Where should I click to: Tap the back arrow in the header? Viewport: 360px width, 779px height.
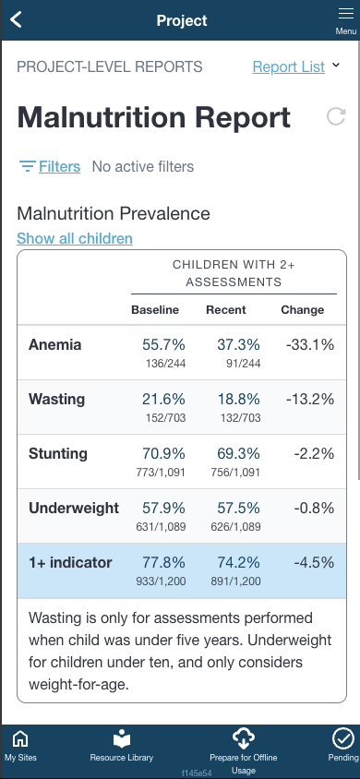pyautogui.click(x=16, y=20)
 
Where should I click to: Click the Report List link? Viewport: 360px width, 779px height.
pyautogui.click(x=288, y=66)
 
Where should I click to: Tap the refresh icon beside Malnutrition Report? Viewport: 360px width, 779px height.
pyautogui.click(x=337, y=116)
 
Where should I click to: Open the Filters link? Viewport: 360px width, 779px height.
pyautogui.click(x=59, y=166)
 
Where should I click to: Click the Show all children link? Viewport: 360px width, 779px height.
pyautogui.click(x=75, y=238)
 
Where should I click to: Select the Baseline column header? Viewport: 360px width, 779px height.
pyautogui.click(x=155, y=309)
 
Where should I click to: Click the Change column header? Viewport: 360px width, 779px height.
pyautogui.click(x=302, y=309)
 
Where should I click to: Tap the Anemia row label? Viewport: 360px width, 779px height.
pyautogui.click(x=55, y=345)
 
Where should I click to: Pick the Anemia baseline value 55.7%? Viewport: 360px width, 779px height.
pyautogui.click(x=162, y=344)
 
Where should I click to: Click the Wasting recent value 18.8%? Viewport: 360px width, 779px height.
pyautogui.click(x=238, y=399)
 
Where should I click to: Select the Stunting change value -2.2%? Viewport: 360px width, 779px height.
pyautogui.click(x=313, y=453)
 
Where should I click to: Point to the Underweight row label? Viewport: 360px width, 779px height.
pyautogui.click(x=73, y=508)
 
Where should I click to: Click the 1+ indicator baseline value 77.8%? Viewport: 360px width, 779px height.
pyautogui.click(x=162, y=562)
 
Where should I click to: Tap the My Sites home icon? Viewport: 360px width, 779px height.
pyautogui.click(x=19, y=739)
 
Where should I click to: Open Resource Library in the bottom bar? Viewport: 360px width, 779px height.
pyautogui.click(x=122, y=739)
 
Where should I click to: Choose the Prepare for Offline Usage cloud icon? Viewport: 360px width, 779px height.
pyautogui.click(x=244, y=737)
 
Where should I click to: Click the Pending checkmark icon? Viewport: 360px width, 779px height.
pyautogui.click(x=342, y=738)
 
